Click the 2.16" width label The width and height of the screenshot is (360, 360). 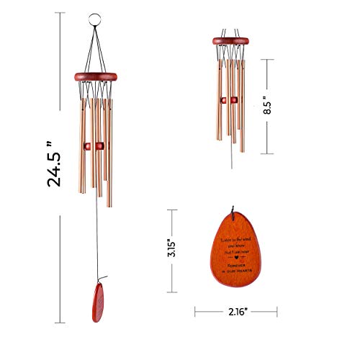click(235, 312)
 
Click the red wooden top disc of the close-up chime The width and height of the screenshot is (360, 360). click(232, 41)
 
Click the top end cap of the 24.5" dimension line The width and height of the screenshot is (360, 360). click(60, 12)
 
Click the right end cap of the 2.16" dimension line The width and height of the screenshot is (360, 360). click(276, 312)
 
